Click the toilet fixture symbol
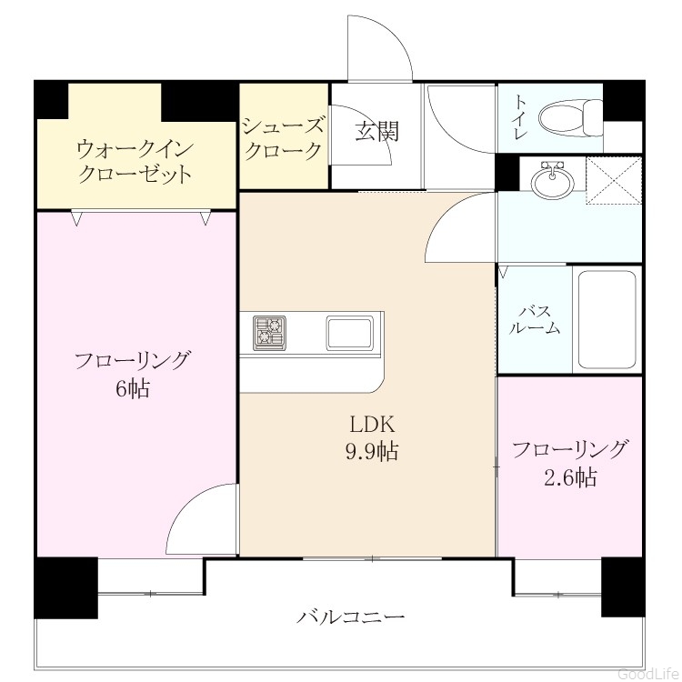[571, 117]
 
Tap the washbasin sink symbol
[553, 180]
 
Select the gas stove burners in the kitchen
[270, 333]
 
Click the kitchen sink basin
[350, 333]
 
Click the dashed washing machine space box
[614, 180]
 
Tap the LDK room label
[373, 425]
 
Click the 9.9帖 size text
[372, 451]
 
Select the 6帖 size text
[133, 388]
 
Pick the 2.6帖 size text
[570, 477]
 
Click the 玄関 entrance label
[376, 131]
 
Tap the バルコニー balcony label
[351, 617]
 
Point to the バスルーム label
[535, 320]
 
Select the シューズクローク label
[284, 139]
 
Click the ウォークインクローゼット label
[135, 162]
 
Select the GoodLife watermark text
[648, 674]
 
